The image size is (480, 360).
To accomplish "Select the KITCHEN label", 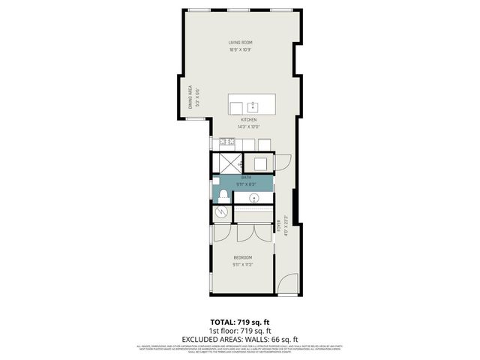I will [x=248, y=120].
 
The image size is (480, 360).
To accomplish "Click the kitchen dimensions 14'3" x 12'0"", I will [x=248, y=127].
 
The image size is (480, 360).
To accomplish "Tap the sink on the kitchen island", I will [x=253, y=106].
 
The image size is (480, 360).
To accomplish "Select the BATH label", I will [x=247, y=177].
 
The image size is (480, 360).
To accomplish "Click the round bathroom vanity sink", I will [x=256, y=198].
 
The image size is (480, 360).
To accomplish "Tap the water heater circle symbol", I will [x=220, y=212].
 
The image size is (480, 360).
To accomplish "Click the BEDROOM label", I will [x=241, y=258].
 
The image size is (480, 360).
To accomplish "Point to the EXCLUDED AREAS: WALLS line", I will [x=239, y=338].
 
